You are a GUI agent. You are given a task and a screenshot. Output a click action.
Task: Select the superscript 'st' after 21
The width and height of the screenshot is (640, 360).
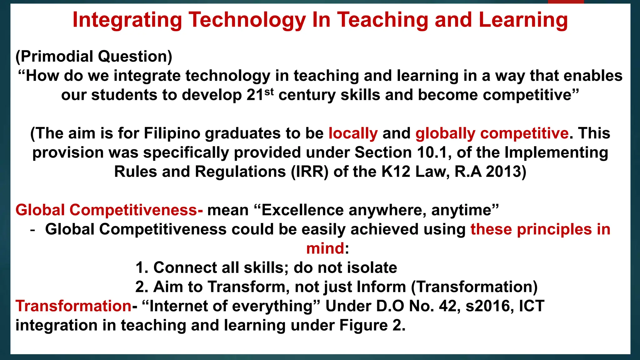(269, 92)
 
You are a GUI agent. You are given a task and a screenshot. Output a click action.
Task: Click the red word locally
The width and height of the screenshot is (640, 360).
(353, 133)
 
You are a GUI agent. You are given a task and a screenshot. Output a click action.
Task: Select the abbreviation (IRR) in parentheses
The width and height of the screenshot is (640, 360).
(310, 172)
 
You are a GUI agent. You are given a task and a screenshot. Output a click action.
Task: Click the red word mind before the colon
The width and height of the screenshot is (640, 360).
(325, 248)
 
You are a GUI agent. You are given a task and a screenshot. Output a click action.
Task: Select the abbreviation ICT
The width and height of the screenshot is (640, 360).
(532, 306)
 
